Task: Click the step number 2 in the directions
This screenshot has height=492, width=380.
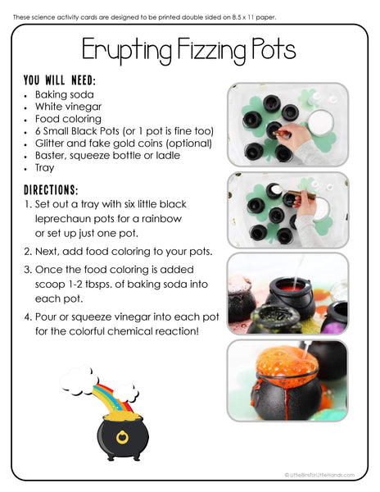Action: tap(28, 252)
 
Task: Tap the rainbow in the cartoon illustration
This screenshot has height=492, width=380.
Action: tap(102, 393)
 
